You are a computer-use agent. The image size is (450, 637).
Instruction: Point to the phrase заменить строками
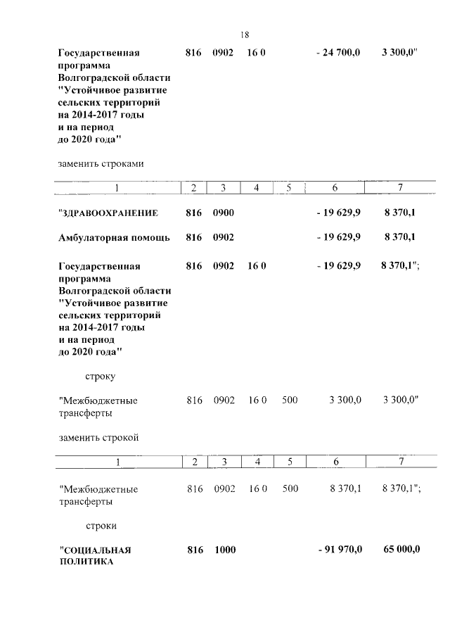[x=101, y=163]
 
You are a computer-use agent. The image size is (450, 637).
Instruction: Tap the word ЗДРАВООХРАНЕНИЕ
[x=108, y=213]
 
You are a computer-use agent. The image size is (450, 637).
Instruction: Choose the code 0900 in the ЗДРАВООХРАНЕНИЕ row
[x=224, y=213]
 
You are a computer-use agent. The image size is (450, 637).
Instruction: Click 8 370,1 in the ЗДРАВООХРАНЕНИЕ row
[x=399, y=213]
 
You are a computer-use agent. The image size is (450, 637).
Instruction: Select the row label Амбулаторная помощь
[x=114, y=238]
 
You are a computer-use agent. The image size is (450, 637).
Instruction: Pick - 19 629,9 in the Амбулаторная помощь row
[x=338, y=238]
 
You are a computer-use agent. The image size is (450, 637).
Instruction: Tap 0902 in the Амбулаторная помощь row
[x=224, y=238]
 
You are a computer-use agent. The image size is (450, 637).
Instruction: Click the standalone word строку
[x=101, y=376]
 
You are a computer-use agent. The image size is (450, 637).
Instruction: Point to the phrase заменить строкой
[x=98, y=437]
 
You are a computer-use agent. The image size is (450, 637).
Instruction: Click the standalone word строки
[x=101, y=525]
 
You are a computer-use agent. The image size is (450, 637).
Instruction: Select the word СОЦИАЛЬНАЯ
[x=96, y=550]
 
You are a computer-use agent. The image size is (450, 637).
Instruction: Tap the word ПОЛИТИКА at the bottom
[x=86, y=562]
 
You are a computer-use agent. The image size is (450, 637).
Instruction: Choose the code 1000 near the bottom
[x=224, y=550]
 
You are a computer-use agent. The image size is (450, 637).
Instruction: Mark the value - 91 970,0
[x=338, y=550]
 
